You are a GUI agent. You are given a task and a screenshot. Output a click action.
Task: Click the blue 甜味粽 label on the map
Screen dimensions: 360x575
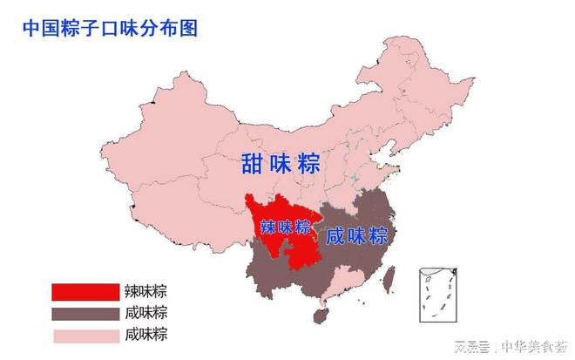tap(279, 162)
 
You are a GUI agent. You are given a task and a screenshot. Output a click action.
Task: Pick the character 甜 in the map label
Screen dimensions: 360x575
tap(254, 162)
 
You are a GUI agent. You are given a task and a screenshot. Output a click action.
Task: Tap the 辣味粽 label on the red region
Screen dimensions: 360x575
tap(286, 228)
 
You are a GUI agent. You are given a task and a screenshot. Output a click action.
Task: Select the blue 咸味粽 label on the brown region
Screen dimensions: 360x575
tap(356, 236)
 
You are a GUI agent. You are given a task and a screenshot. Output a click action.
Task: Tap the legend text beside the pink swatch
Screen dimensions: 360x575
tap(145, 335)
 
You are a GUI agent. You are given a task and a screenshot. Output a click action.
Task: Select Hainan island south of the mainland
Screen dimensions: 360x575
tap(324, 306)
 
